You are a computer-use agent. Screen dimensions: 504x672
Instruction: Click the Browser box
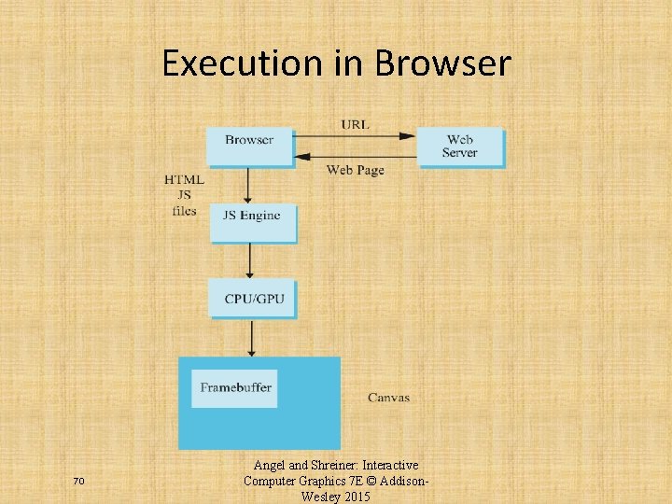tap(249, 146)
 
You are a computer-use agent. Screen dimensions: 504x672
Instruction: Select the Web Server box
tap(459, 147)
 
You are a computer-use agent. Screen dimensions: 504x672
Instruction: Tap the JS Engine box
tap(252, 221)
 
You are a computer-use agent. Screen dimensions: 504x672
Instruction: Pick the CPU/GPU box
tap(253, 299)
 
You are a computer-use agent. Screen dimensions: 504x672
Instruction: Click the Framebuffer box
tap(234, 387)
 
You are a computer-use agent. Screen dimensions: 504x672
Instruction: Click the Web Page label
tap(355, 170)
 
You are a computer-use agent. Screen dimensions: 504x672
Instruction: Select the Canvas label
tap(388, 398)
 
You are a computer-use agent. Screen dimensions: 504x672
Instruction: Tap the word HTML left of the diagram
tap(184, 179)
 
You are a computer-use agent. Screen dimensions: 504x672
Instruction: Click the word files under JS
tap(184, 210)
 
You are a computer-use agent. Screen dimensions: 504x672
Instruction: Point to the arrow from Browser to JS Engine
tap(248, 185)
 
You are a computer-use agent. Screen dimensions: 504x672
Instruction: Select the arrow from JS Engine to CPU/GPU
tap(250, 259)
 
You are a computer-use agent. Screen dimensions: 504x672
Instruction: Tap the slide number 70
tap(78, 481)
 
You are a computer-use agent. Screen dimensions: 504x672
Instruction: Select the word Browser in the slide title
tap(442, 63)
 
